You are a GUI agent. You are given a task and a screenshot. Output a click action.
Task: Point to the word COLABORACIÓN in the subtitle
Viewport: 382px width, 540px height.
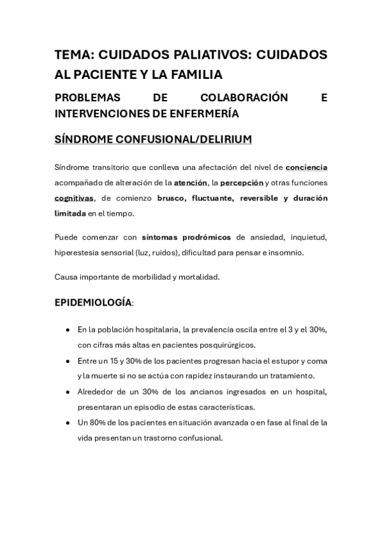(x=243, y=98)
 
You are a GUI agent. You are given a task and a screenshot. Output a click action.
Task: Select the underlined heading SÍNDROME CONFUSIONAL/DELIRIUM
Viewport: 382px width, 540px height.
(x=153, y=138)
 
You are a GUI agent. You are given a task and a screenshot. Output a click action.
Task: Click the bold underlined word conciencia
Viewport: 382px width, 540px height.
(x=306, y=167)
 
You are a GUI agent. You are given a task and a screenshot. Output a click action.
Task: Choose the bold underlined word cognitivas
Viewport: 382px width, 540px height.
(x=74, y=198)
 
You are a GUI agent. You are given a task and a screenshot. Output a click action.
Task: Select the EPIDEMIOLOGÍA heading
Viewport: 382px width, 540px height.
(x=93, y=302)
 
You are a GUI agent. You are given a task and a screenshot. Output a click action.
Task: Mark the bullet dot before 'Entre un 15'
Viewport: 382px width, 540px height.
(x=68, y=360)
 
